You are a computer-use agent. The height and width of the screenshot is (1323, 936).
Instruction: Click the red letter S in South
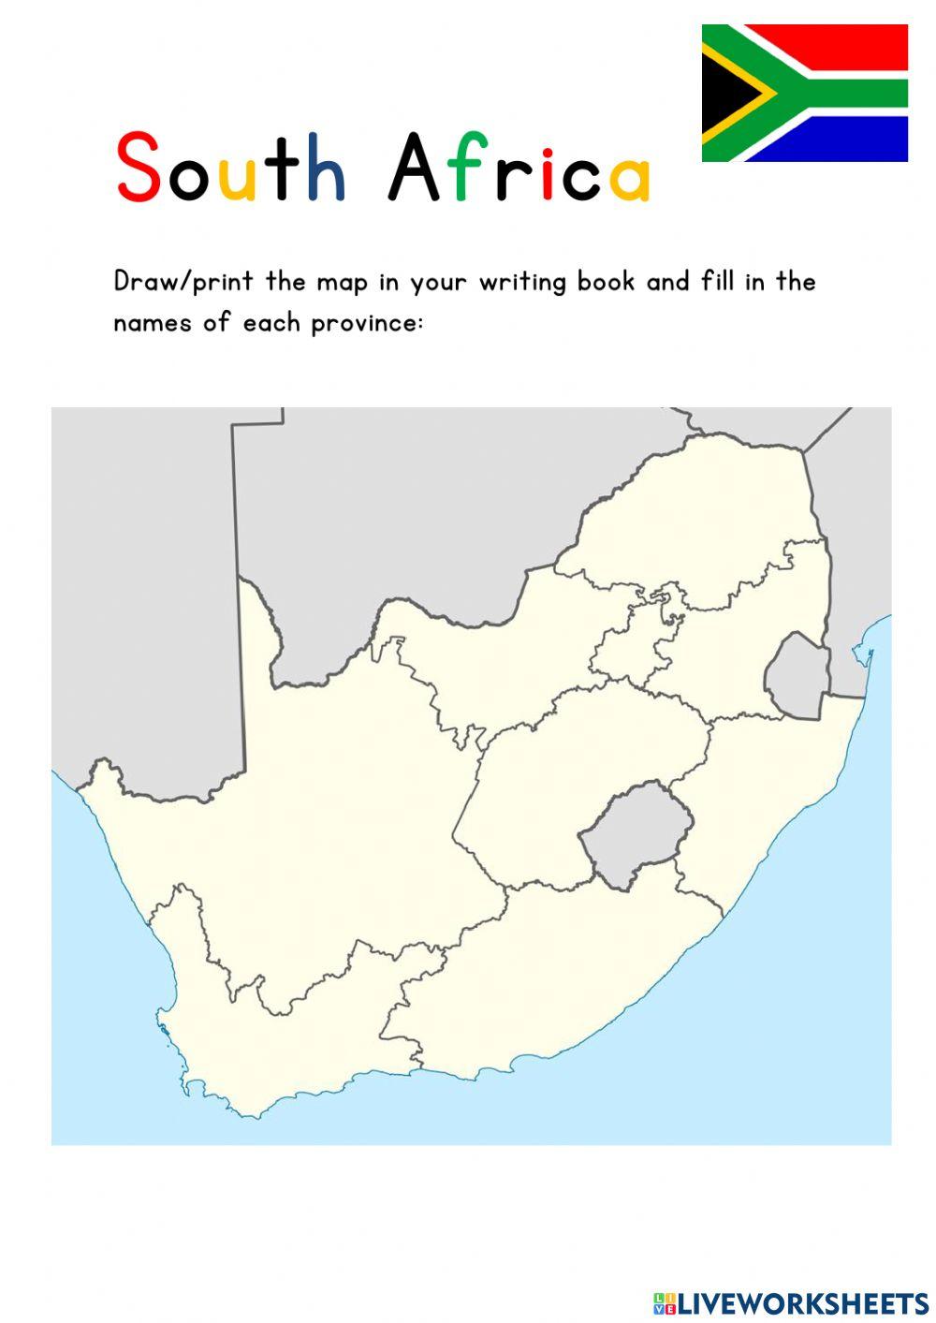[138, 168]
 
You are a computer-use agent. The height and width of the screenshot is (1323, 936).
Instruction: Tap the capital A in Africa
[414, 169]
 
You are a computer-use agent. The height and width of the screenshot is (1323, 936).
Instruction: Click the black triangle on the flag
[725, 93]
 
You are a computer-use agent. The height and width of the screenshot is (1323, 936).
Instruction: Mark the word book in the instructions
[606, 282]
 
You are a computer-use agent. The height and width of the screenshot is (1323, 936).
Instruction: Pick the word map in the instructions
[343, 282]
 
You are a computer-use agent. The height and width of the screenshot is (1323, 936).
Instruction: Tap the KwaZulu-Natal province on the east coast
[768, 796]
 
